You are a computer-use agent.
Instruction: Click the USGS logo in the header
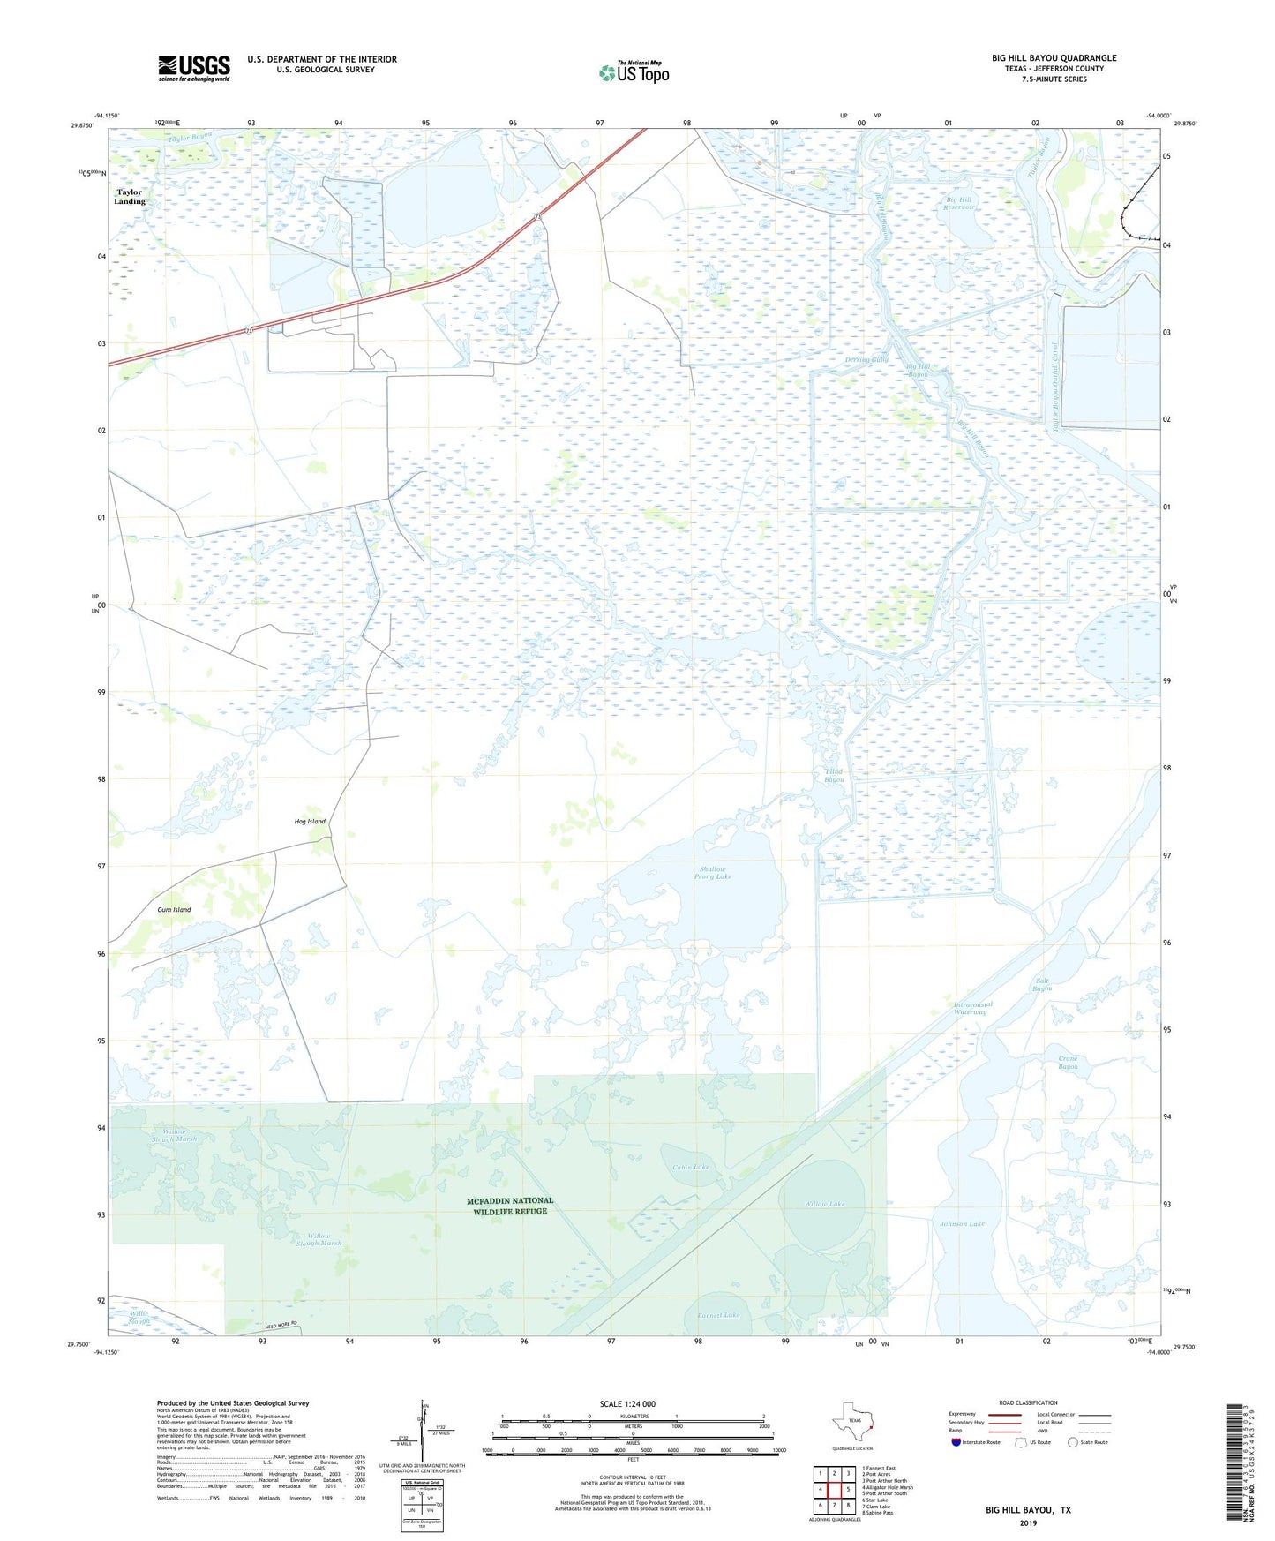pos(193,68)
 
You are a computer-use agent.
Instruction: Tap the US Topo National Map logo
pos(633,72)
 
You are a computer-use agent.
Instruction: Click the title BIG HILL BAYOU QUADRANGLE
pos(1054,58)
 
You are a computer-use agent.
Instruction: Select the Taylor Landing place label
pos(130,197)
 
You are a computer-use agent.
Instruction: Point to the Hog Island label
pos(310,822)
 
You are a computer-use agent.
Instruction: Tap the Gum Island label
pos(174,910)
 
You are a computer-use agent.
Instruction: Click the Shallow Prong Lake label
pos(712,873)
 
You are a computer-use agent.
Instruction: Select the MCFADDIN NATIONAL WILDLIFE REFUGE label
pos(510,1206)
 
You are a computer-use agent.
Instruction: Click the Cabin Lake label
pos(690,1168)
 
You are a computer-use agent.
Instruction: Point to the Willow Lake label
pos(824,1204)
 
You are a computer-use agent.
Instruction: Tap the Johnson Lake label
pos(962,1224)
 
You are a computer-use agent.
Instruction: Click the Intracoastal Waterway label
pos(973,1008)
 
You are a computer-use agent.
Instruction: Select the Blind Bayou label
pos(834,776)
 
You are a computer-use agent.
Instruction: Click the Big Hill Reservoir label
pos(959,204)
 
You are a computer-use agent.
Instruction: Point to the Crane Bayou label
pos(1068,1063)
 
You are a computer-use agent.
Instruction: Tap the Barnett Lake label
pos(717,1315)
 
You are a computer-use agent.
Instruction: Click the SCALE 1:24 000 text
pos(627,1404)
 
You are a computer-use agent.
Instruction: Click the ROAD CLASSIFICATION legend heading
pos(1028,1402)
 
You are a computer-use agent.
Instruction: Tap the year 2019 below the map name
pos(1028,1522)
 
